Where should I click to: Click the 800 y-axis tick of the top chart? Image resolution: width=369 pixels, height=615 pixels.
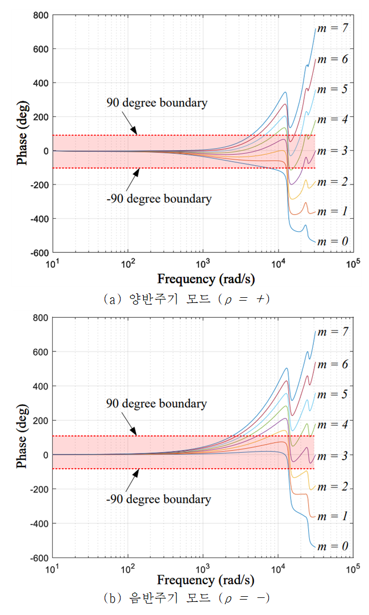(x=39, y=15)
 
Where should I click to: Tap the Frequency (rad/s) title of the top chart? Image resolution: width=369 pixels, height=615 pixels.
(x=206, y=279)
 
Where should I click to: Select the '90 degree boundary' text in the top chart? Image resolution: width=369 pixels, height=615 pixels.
(x=157, y=103)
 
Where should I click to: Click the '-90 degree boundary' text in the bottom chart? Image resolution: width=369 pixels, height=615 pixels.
(x=158, y=499)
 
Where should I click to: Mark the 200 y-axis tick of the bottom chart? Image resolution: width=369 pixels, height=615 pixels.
(x=39, y=421)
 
